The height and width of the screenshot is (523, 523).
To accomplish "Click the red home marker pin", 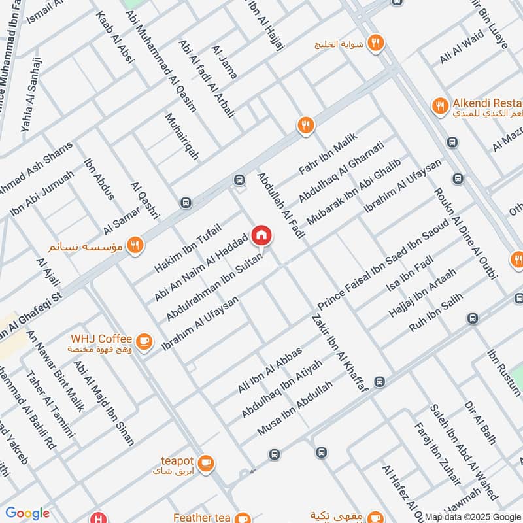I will (x=261, y=236).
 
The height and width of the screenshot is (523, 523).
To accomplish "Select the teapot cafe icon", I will (x=206, y=462).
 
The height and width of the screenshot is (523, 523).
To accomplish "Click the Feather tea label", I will (x=202, y=517).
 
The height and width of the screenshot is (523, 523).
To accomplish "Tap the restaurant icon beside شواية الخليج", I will (x=375, y=43).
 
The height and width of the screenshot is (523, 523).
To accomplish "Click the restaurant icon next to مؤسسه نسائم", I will (x=135, y=245).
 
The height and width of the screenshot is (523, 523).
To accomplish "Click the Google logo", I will (x=28, y=513).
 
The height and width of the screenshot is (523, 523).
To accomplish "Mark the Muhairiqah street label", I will (x=182, y=136).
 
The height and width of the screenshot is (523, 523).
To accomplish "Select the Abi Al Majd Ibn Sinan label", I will (x=104, y=402).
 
